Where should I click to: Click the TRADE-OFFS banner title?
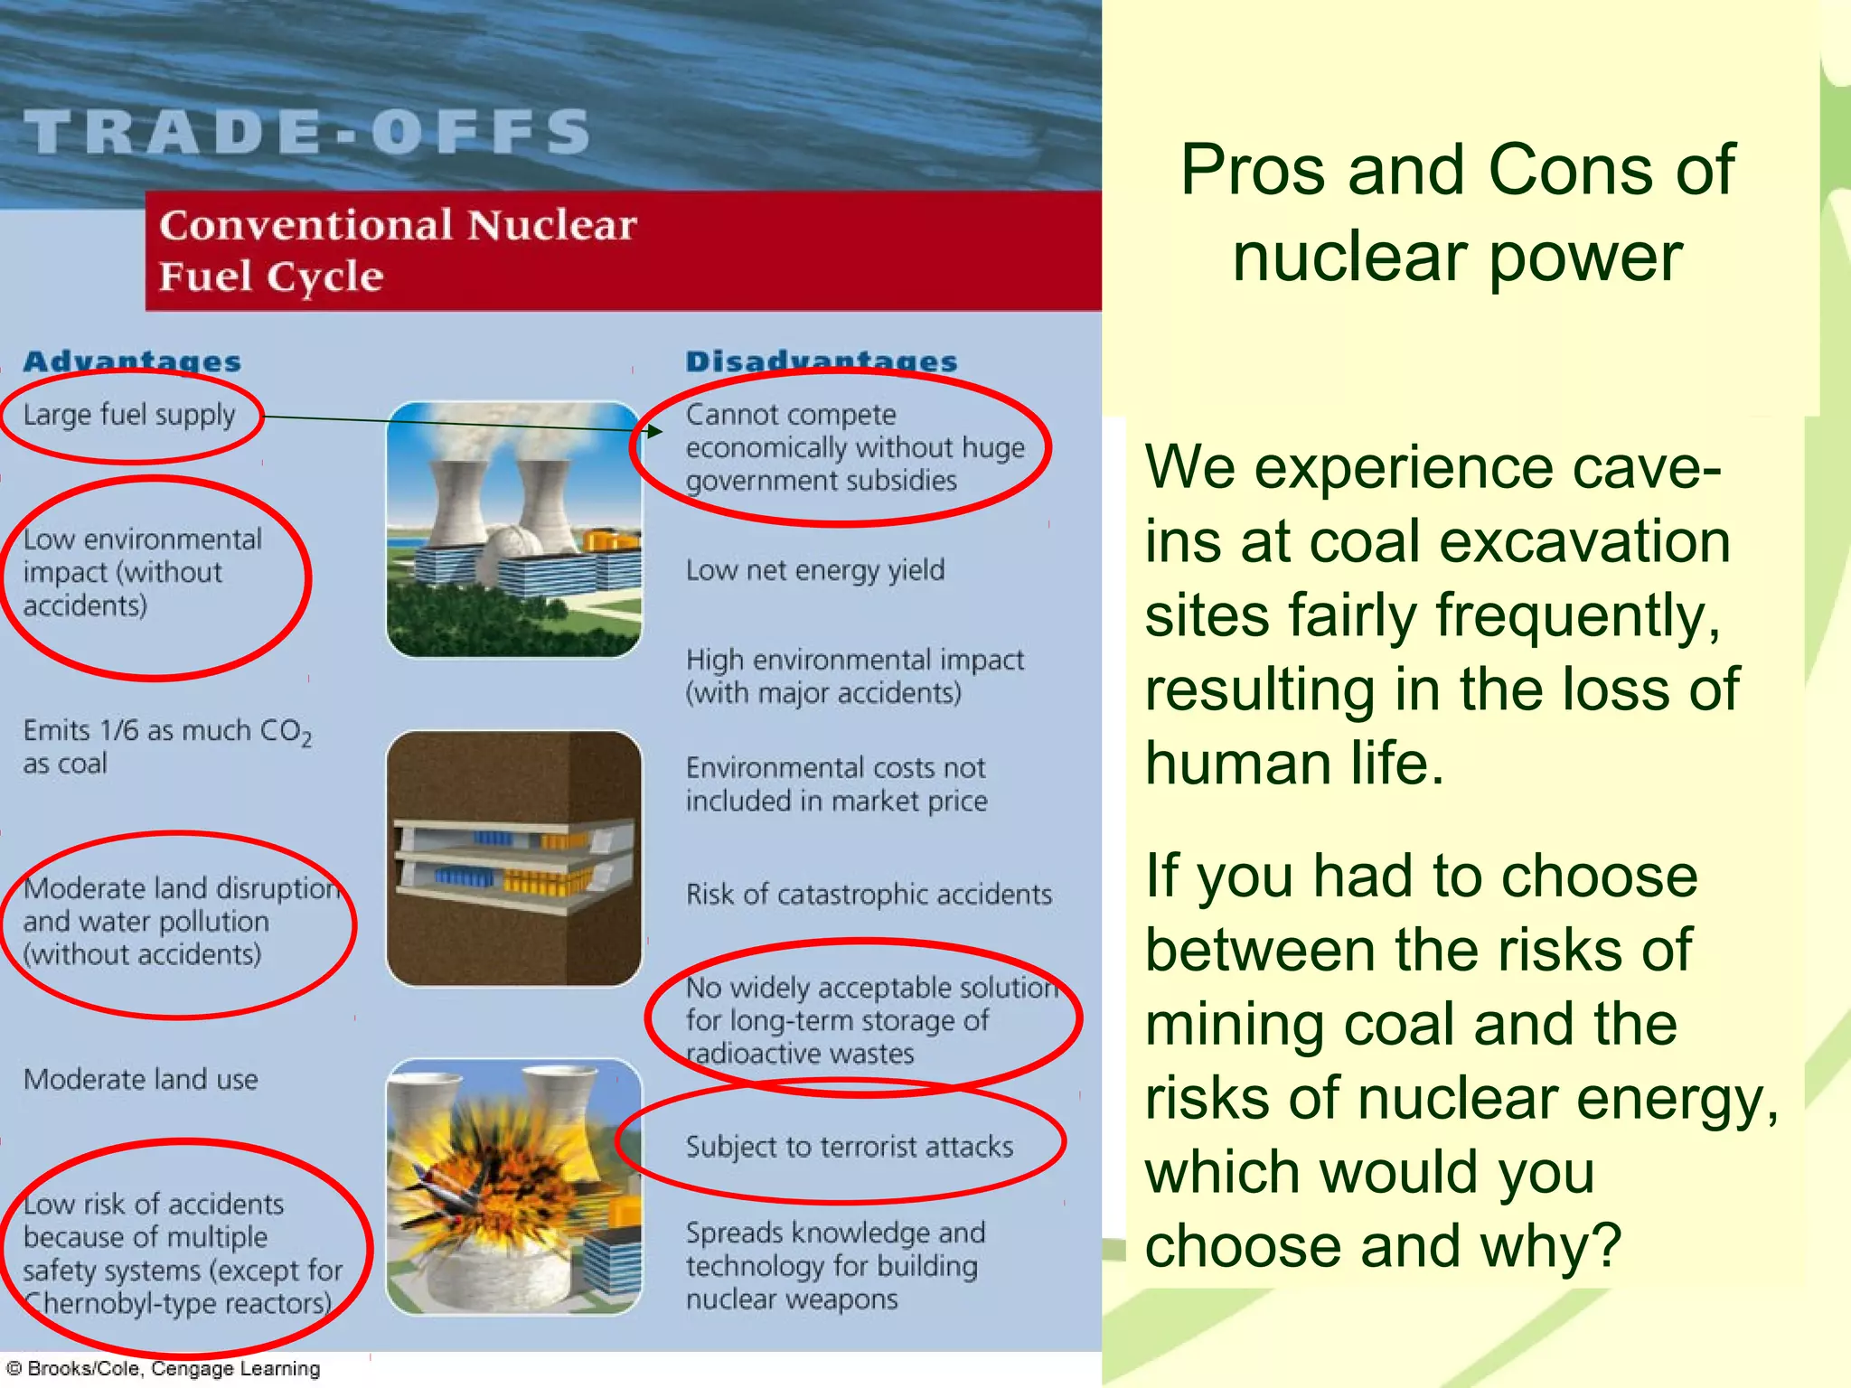[x=307, y=132]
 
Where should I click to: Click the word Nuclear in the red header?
[x=551, y=225]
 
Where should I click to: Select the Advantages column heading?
[x=132, y=361]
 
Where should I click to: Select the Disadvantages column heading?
[x=821, y=361]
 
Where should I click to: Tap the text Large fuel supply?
[x=129, y=415]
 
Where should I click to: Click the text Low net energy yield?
[x=814, y=570]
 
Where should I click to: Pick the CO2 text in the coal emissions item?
[x=286, y=732]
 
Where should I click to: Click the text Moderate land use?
[x=141, y=1079]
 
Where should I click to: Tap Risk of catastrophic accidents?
[x=869, y=895]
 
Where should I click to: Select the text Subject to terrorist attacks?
[x=849, y=1147]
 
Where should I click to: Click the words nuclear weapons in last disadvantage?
[x=792, y=1299]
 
